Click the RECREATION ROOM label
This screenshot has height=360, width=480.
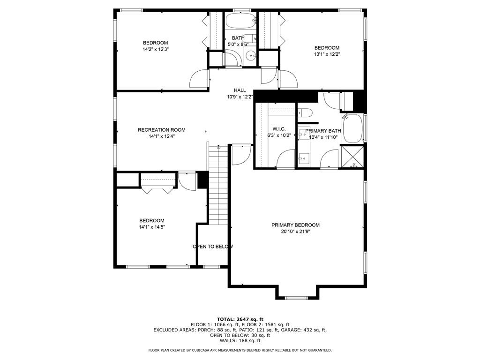pos(162,130)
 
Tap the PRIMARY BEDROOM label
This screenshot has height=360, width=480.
pos(295,225)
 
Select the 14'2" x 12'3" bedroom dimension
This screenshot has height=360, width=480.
pos(156,49)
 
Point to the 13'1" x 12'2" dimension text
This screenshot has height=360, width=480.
pos(327,54)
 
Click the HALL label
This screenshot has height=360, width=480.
pos(240,90)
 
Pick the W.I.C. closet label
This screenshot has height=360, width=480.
pos(279,129)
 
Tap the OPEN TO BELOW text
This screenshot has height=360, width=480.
pos(213,247)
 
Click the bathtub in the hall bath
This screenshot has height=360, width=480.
pos(240,21)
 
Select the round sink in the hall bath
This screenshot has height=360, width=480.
pos(252,56)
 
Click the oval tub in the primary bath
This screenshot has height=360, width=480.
pos(352,128)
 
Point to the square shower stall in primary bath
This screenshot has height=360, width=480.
pos(352,157)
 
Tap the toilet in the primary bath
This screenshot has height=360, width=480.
pos(305,112)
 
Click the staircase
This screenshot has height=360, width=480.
pos(218,185)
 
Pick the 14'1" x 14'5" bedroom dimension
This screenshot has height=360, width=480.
pos(152,227)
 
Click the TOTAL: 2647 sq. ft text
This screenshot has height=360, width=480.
pos(240,319)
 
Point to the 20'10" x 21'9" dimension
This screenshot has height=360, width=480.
pos(296,232)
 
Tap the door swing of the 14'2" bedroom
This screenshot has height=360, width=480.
pos(199,78)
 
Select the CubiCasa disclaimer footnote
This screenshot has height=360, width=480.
pos(240,350)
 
